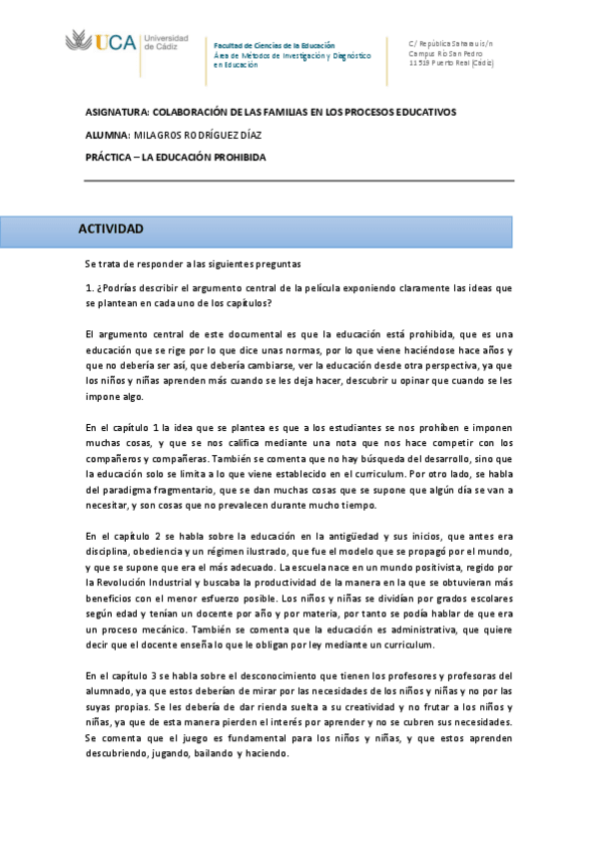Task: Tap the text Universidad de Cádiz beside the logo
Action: point(165,43)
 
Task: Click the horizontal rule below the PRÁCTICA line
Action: point(299,181)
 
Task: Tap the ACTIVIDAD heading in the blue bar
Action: point(111,229)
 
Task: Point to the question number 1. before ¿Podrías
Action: point(89,287)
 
